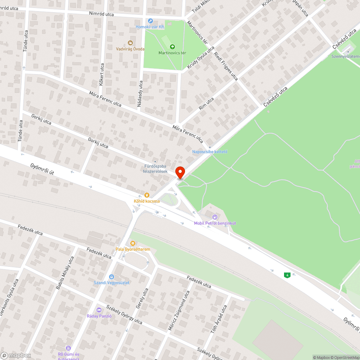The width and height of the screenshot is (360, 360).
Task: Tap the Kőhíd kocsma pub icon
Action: coord(147,195)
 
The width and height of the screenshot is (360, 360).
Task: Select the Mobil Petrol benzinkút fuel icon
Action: coord(215,217)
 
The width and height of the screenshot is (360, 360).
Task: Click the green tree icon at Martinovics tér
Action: coord(172,47)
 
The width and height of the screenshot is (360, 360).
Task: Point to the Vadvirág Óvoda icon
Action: coord(130,43)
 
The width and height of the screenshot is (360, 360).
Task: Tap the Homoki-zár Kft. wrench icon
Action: coord(150,21)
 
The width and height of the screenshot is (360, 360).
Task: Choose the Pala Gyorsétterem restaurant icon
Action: coord(133,243)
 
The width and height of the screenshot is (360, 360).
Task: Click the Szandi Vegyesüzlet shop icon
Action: coord(111,276)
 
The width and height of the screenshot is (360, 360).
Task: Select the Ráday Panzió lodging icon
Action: coord(99,310)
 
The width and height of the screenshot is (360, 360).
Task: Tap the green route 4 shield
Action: coord(287,275)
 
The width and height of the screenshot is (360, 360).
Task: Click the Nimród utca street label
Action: coord(102,14)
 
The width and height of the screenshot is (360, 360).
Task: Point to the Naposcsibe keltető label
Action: coord(210,152)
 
